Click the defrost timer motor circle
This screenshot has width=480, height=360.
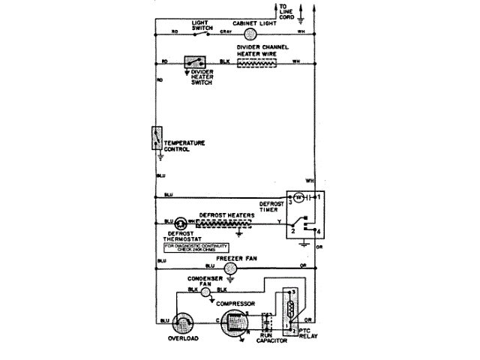click(298, 196)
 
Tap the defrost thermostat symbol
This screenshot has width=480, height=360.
click(181, 223)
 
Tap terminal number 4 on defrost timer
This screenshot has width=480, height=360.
click(318, 230)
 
